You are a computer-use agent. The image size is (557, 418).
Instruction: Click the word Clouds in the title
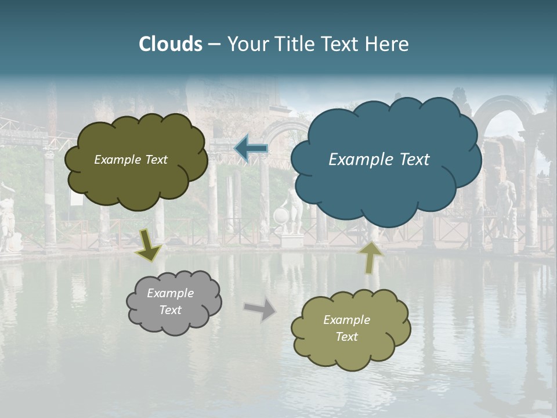(171, 44)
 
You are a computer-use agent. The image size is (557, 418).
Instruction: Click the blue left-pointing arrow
(251, 148)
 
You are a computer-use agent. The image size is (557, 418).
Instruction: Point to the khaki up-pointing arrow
(371, 257)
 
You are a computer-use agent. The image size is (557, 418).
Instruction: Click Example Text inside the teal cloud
(379, 159)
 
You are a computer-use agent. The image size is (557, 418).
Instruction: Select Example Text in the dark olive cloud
(131, 160)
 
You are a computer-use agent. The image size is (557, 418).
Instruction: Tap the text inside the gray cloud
(170, 301)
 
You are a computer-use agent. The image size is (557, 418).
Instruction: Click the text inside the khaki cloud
(346, 328)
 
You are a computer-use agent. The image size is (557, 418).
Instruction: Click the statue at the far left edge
(7, 218)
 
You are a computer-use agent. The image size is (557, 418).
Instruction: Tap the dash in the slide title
(214, 44)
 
